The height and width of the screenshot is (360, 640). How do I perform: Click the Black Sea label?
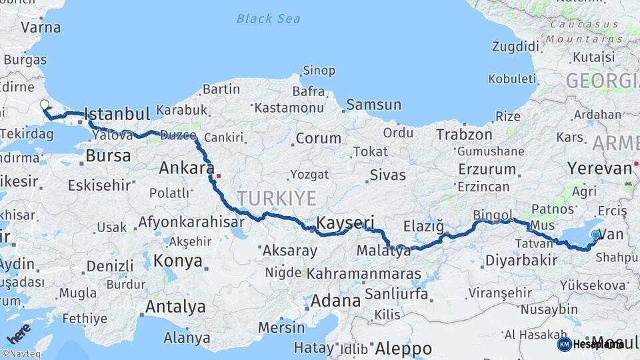(x=267, y=19)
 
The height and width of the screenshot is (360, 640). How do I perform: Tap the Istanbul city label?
(x=117, y=114)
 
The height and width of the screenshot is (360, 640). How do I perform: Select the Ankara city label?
(x=186, y=168)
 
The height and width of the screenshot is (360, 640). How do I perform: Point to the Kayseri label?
(x=345, y=223)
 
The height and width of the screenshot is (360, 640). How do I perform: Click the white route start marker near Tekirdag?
(x=45, y=105)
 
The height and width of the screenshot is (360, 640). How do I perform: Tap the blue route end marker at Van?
(x=595, y=235)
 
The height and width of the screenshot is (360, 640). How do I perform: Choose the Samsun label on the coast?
(x=373, y=105)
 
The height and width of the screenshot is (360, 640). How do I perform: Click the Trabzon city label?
(x=464, y=135)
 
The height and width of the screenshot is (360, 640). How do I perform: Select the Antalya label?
(x=175, y=307)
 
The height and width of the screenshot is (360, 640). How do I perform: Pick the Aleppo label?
(x=403, y=348)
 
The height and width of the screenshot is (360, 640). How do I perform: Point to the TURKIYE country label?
(x=276, y=197)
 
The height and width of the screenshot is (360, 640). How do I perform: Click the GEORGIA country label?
(x=601, y=81)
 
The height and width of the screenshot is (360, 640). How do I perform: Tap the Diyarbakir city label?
(x=521, y=261)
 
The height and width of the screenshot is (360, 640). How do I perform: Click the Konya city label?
(x=178, y=261)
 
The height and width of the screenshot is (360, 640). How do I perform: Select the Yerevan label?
(x=599, y=167)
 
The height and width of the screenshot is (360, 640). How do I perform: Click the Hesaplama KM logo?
(x=590, y=345)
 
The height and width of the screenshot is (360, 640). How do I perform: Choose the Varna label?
(x=41, y=28)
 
